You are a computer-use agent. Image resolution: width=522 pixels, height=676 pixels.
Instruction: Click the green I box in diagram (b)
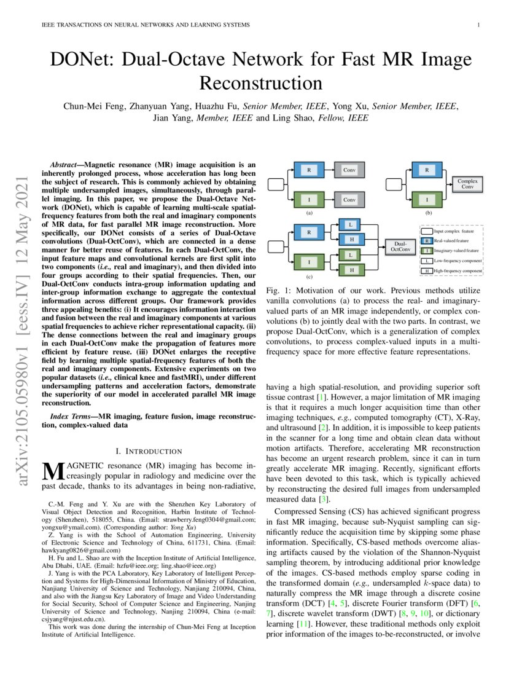(427, 199)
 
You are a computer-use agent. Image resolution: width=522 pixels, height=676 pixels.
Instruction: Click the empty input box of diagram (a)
(277, 184)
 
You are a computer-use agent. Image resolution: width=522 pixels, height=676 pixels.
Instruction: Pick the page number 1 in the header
(478, 25)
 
